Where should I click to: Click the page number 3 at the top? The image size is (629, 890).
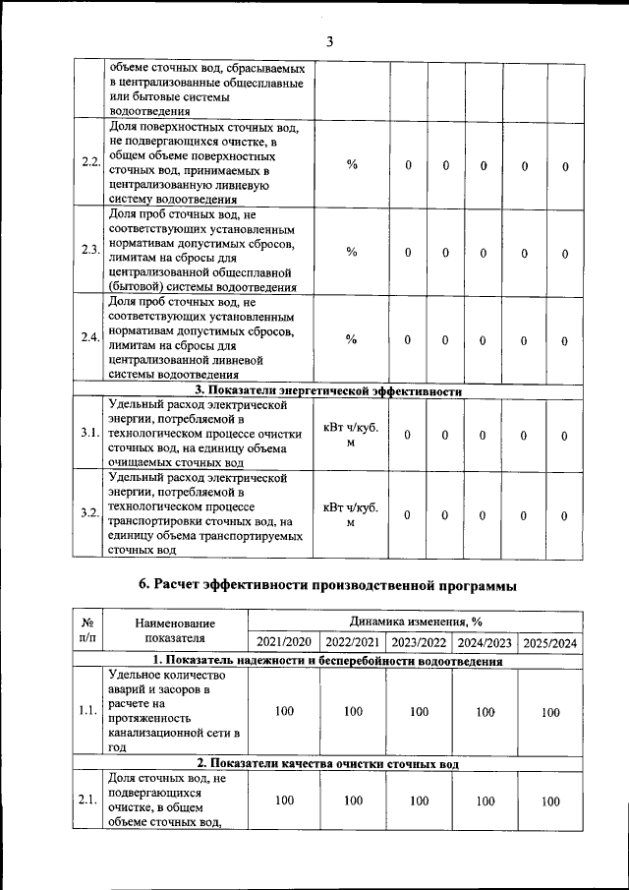(330, 40)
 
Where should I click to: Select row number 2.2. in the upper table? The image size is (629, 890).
(90, 162)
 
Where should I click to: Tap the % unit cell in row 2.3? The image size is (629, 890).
(352, 252)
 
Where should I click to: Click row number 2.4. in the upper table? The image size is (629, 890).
(90, 338)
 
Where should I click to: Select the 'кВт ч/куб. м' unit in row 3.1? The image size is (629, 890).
(351, 435)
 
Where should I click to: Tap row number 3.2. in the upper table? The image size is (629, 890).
(90, 514)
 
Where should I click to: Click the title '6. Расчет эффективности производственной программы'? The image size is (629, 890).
(327, 586)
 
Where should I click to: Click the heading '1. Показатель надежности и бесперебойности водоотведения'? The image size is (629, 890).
(328, 661)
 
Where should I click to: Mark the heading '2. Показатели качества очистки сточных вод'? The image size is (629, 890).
(328, 763)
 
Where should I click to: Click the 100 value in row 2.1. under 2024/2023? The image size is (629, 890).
(486, 801)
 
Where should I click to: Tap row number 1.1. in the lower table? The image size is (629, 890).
(87, 712)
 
